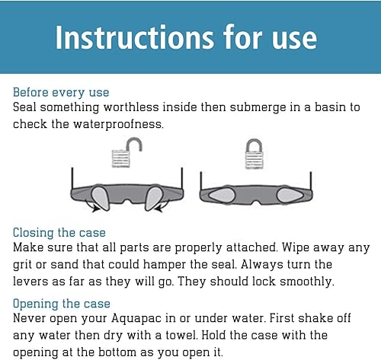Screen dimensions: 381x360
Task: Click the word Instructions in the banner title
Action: point(135,37)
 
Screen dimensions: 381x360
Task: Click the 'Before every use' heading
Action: point(61,92)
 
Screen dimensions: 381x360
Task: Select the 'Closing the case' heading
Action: point(59,233)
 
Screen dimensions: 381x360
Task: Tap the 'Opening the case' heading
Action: point(62,304)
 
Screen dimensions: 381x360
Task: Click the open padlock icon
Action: point(126,153)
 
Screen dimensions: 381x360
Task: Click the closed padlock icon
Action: point(254,154)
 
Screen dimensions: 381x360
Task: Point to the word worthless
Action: point(131,107)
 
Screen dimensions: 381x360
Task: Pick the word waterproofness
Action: point(118,125)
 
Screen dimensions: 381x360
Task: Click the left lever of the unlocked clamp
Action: point(101,199)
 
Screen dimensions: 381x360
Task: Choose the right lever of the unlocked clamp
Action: point(153,199)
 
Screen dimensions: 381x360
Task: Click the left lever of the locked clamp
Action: point(222,196)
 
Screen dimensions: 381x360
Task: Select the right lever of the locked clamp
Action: point(290,196)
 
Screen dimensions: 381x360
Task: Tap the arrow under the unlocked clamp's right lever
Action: point(162,206)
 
